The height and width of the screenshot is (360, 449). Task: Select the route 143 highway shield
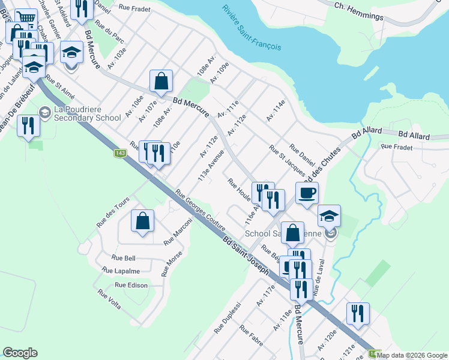click(x=120, y=154)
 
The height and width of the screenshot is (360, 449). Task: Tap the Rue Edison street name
click(x=131, y=285)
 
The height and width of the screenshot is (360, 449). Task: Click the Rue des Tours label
click(x=113, y=211)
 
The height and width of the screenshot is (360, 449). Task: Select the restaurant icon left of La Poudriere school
click(x=28, y=125)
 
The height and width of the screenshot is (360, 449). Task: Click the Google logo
click(x=20, y=353)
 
